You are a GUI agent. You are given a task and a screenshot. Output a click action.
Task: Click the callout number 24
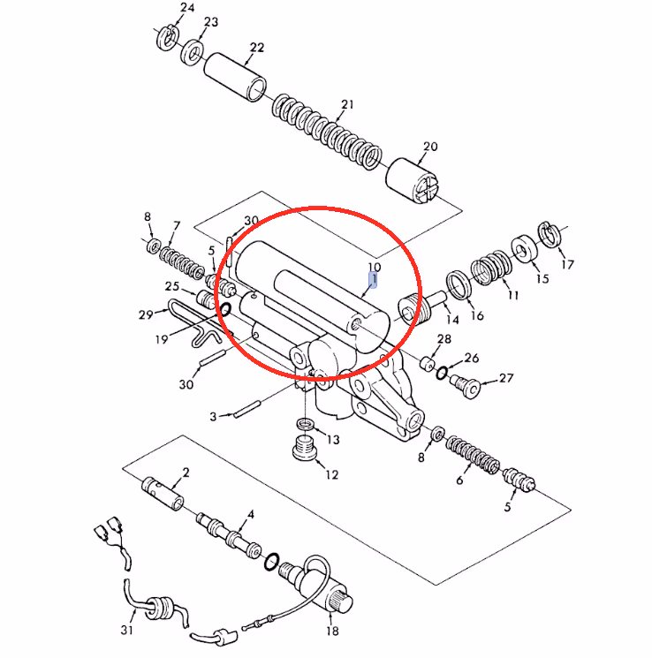pyautogui.click(x=187, y=8)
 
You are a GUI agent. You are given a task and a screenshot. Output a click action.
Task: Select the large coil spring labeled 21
pyautogui.click(x=327, y=131)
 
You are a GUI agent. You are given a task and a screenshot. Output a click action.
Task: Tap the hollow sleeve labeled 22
pyautogui.click(x=235, y=77)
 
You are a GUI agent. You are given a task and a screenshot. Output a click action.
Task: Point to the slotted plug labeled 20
pyautogui.click(x=412, y=181)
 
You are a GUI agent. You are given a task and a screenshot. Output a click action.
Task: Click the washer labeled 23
pyautogui.click(x=193, y=53)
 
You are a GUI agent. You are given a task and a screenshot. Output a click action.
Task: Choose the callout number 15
pyautogui.click(x=542, y=278)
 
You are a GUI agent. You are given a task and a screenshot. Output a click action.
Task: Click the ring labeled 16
pyautogui.click(x=459, y=285)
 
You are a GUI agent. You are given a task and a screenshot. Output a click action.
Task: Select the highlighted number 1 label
pyautogui.click(x=373, y=280)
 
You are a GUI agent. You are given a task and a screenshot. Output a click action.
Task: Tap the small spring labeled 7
pyautogui.click(x=182, y=263)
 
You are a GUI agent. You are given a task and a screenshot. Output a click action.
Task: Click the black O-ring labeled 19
pyautogui.click(x=225, y=310)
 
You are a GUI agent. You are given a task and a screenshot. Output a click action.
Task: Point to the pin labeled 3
pyautogui.click(x=247, y=409)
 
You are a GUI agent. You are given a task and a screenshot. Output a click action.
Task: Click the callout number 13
pyautogui.click(x=333, y=440)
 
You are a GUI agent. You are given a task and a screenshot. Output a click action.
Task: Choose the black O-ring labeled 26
pyautogui.click(x=442, y=372)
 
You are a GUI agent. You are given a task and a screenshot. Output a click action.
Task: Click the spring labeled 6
pyautogui.click(x=473, y=455)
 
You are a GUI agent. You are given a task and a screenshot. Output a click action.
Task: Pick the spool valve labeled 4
pyautogui.click(x=229, y=534)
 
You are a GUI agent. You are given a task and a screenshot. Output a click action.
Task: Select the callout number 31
pyautogui.click(x=126, y=630)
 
